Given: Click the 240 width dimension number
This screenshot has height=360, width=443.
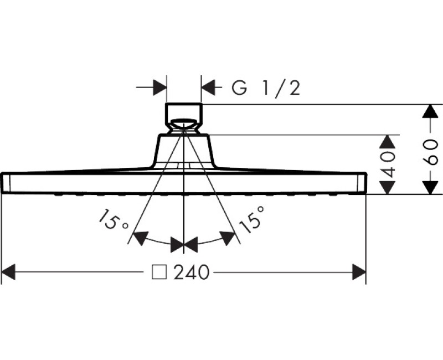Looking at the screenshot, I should pyautogui.click(x=192, y=272).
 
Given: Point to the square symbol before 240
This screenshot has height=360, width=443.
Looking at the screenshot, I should pyautogui.click(x=160, y=272).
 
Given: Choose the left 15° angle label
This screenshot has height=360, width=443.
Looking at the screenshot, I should pyautogui.click(x=113, y=220).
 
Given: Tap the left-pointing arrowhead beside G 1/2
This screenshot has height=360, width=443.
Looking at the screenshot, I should pyautogui.click(x=208, y=88).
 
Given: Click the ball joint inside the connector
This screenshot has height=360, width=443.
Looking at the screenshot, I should pyautogui.click(x=183, y=124).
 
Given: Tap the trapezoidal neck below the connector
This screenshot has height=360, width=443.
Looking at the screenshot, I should pyautogui.click(x=183, y=151).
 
